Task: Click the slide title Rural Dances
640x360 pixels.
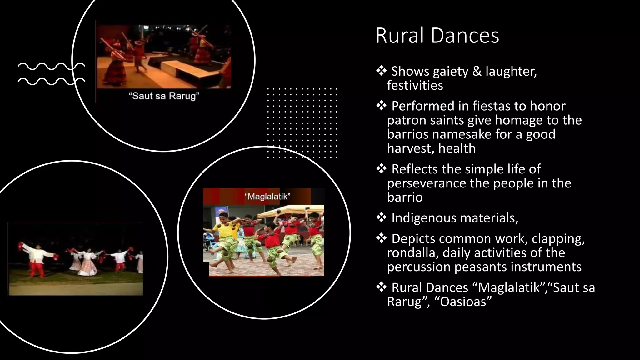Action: coord(437,36)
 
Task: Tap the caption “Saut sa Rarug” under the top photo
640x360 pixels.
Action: coord(164,96)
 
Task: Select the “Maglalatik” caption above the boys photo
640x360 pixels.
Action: coord(267,197)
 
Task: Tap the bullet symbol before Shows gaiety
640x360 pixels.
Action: coord(381,71)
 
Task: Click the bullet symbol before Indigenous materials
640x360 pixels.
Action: coord(381,218)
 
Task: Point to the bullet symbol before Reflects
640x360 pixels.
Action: coord(381,169)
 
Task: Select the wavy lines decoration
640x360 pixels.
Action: coord(51,74)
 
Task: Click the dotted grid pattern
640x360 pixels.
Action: coord(302,123)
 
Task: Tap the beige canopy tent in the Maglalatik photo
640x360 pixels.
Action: coord(291,211)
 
